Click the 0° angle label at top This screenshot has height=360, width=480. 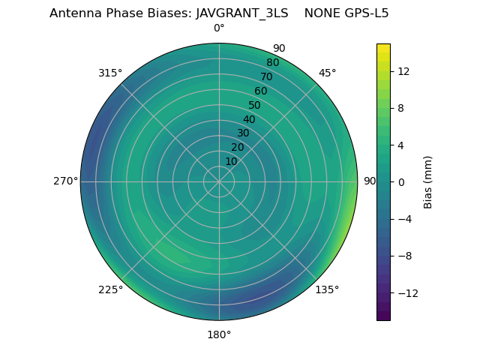click(x=219, y=28)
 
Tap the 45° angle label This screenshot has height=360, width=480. click(x=328, y=73)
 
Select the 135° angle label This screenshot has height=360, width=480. click(x=327, y=290)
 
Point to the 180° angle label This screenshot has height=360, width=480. click(x=219, y=334)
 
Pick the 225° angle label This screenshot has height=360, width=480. click(x=110, y=290)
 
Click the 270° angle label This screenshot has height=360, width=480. click(x=66, y=181)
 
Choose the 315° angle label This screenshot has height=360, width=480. click(x=110, y=73)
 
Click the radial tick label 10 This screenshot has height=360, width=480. click(x=232, y=161)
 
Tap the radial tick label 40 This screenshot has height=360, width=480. click(x=249, y=119)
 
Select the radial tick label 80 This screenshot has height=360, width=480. click(x=272, y=63)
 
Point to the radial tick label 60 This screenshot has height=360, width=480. click(x=260, y=91)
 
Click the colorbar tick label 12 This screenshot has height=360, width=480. click(x=403, y=71)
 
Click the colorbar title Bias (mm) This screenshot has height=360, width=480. click(x=428, y=182)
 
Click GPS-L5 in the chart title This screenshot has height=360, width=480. click(x=367, y=13)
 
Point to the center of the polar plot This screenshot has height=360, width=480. click(x=219, y=181)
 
